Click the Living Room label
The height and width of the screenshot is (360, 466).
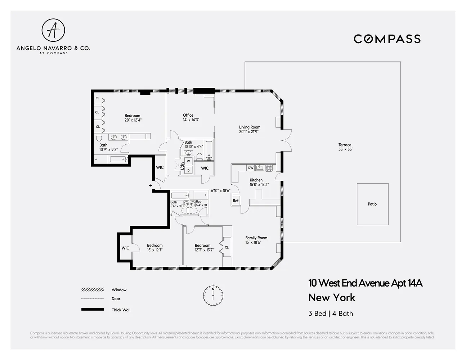click(x=250, y=127)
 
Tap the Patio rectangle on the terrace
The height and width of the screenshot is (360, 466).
click(x=372, y=204)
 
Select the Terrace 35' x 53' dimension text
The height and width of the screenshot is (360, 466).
click(x=345, y=149)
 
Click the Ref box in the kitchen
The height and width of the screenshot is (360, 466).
click(x=236, y=201)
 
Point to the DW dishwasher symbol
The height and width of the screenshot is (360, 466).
click(x=251, y=168)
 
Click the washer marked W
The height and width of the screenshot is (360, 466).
click(x=188, y=161)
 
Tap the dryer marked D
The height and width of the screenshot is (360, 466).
click(x=188, y=170)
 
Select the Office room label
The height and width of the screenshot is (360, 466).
click(x=188, y=115)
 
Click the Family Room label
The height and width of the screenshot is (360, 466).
click(x=256, y=238)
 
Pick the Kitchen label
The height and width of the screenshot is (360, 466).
click(x=256, y=180)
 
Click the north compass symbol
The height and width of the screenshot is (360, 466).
click(x=213, y=295)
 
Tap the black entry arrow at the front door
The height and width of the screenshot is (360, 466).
click(x=151, y=185)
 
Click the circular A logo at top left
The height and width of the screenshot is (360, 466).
click(x=53, y=31)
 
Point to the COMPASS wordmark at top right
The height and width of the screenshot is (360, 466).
click(x=387, y=39)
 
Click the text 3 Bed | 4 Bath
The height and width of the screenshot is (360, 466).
click(x=331, y=314)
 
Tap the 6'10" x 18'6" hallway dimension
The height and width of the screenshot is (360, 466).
click(x=220, y=190)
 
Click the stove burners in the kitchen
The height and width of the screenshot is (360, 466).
click(x=269, y=168)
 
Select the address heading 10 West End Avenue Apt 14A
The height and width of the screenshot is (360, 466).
click(x=365, y=283)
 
